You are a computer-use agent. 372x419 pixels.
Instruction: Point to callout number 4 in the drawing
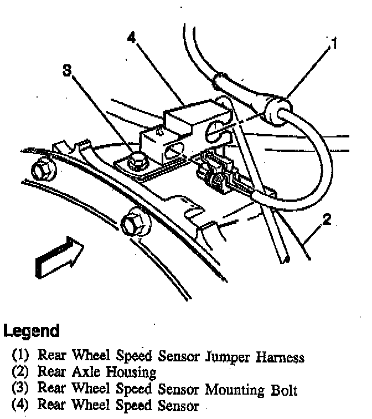tap(131, 38)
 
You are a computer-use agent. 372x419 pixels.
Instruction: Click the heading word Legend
tap(32, 331)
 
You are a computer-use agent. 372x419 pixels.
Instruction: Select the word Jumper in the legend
tap(228, 357)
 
